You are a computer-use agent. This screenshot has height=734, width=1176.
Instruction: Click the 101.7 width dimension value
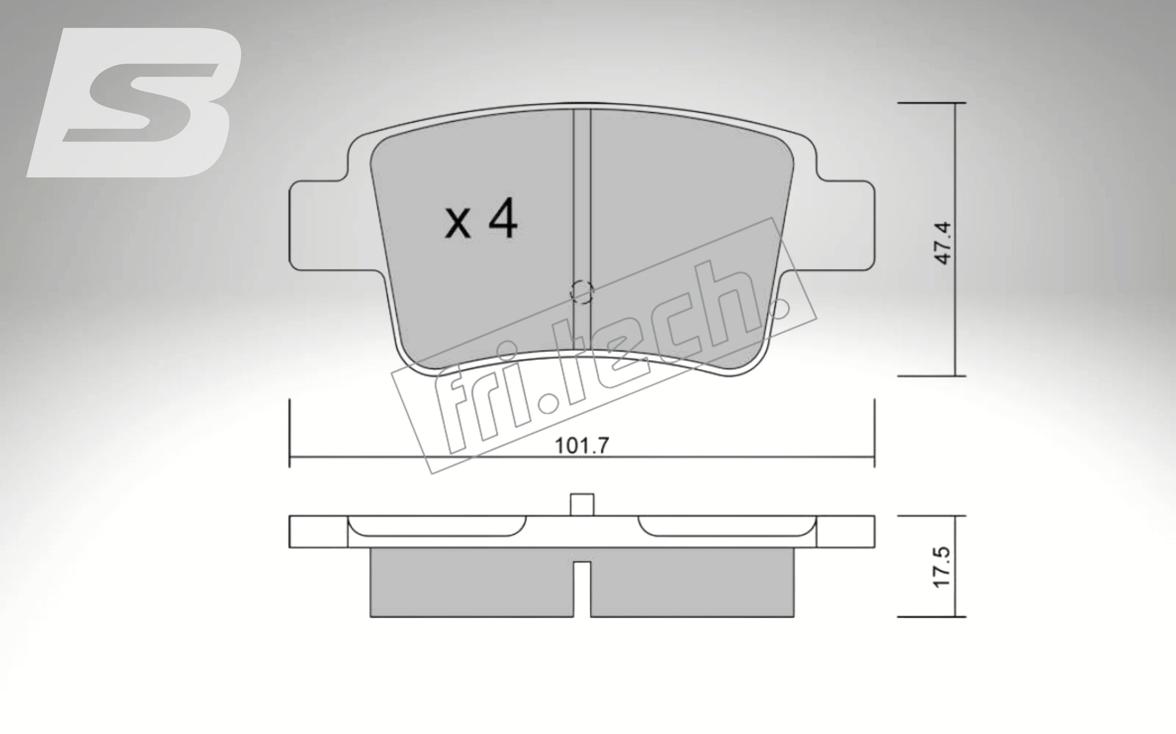581,446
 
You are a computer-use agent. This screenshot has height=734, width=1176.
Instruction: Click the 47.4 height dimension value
943,242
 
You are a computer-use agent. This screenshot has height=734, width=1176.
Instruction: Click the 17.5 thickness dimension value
942,567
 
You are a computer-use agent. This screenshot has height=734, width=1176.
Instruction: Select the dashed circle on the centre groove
582,293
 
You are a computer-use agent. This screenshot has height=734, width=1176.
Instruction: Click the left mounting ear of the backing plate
317,224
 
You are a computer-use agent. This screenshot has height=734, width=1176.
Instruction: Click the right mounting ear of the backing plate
846,224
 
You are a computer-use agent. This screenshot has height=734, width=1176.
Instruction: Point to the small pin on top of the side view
582,504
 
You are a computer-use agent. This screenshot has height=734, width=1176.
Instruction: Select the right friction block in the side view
692,583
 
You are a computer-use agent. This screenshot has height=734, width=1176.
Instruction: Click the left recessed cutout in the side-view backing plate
438,525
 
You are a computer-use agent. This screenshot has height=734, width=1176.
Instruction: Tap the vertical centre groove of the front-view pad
581,200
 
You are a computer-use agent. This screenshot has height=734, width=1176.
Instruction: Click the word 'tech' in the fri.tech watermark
683,326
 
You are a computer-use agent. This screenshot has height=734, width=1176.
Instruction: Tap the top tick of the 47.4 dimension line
931,103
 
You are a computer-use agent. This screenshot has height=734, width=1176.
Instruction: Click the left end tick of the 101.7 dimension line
290,433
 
